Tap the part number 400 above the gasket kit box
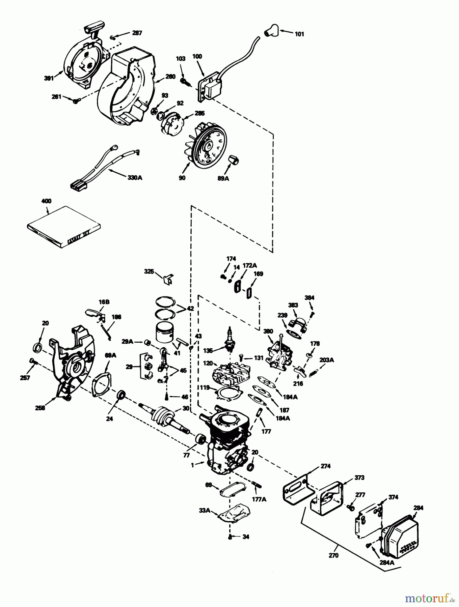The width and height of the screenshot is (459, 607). tap(46, 201)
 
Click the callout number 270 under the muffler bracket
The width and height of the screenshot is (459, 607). tap(333, 555)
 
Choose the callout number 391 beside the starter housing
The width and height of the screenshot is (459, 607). tap(49, 78)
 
